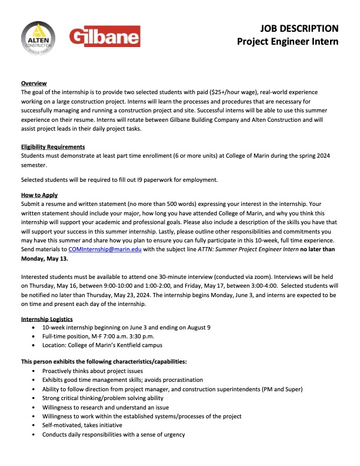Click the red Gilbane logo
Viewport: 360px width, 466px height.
click(x=105, y=37)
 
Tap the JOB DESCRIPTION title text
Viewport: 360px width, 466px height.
click(x=300, y=28)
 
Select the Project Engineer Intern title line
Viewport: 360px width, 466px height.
click(x=288, y=41)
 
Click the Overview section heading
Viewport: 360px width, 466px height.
click(x=34, y=83)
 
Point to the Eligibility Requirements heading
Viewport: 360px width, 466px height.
click(x=53, y=147)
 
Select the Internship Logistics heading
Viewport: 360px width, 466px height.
click(x=49, y=318)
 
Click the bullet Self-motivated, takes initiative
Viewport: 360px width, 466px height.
click(x=82, y=425)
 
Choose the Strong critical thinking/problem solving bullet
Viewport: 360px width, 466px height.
click(x=108, y=398)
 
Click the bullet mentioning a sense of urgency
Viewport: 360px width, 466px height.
click(x=113, y=435)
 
